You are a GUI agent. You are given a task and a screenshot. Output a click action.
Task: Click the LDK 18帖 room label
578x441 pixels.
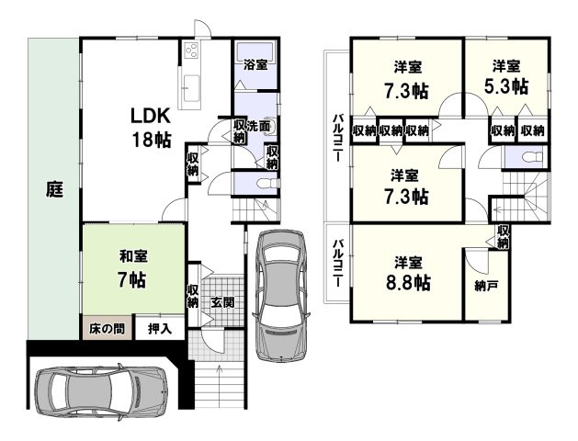tap(151, 128)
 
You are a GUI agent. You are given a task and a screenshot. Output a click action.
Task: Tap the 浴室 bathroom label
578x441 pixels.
tap(255, 65)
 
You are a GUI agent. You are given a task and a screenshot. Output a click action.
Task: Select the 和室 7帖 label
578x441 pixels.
tap(133, 268)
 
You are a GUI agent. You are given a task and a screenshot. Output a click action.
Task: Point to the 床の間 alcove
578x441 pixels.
tap(107, 328)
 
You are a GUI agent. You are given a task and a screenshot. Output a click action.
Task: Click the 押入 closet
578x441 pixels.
tap(160, 328)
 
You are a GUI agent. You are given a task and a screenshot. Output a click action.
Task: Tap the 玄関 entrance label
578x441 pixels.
tap(222, 303)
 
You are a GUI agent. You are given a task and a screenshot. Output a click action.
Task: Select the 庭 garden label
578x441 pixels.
tap(54, 189)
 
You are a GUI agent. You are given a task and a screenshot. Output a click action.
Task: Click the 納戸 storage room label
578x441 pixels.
tap(487, 286)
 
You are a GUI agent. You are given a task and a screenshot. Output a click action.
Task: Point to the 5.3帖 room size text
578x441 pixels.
tap(506, 87)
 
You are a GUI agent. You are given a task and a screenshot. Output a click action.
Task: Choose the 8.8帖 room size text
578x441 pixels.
tap(408, 283)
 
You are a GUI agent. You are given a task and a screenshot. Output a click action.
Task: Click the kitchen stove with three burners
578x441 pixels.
tap(192, 50)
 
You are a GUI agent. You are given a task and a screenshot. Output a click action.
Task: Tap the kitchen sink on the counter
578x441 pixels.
tap(191, 88)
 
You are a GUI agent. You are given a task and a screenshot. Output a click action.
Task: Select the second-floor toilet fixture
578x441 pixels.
tap(533, 157)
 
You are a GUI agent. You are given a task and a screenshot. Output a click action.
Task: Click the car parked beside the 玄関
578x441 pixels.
tap(281, 295)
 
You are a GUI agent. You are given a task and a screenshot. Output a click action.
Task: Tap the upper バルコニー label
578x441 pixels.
tap(337, 138)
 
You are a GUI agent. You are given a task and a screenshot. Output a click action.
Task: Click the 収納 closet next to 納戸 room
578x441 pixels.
tap(503, 237)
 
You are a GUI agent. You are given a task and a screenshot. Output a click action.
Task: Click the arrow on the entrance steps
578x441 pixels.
tap(220, 381)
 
